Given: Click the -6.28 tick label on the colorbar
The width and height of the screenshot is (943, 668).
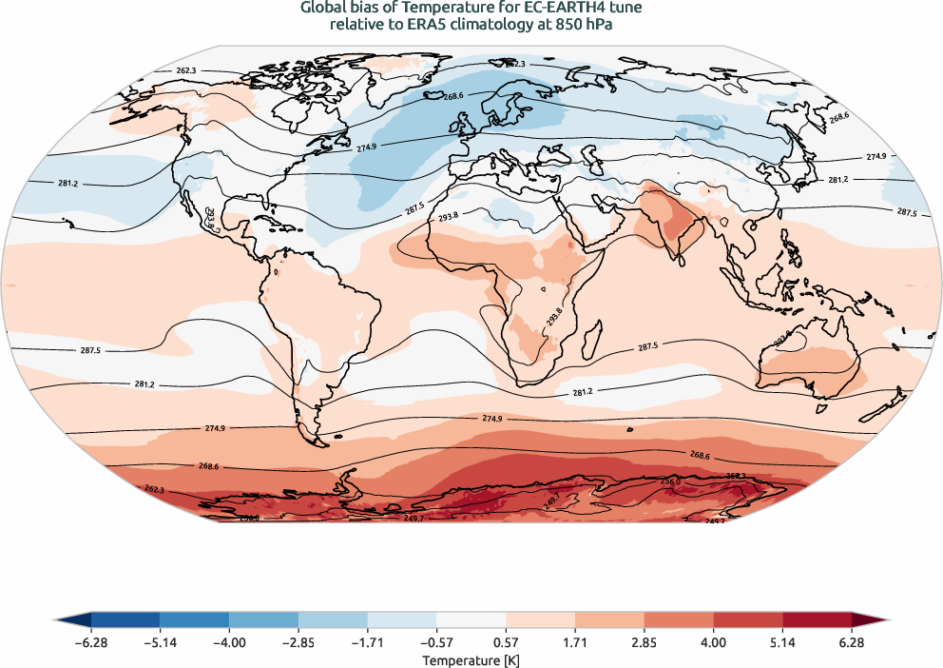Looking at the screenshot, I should (90, 643).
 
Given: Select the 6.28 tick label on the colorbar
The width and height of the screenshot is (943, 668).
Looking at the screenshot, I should (852, 643).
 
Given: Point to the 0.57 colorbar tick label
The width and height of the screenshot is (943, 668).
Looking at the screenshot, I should (506, 643).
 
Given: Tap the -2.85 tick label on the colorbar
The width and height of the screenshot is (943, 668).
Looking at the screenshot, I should (298, 643).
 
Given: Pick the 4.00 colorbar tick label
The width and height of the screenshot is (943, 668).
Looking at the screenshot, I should (713, 643).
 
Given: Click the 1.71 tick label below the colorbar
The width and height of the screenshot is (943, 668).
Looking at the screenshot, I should (575, 643).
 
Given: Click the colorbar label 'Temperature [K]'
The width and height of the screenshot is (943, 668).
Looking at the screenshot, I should (471, 659).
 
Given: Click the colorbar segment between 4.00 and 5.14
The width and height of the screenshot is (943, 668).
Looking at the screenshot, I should (748, 620).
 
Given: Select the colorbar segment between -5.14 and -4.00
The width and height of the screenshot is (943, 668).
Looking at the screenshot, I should (195, 620).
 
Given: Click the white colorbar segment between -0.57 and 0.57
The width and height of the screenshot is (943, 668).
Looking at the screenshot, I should (471, 620).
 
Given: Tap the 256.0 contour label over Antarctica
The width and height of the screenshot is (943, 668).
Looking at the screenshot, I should (670, 481).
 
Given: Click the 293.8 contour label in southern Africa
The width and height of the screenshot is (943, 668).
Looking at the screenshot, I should (555, 315).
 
